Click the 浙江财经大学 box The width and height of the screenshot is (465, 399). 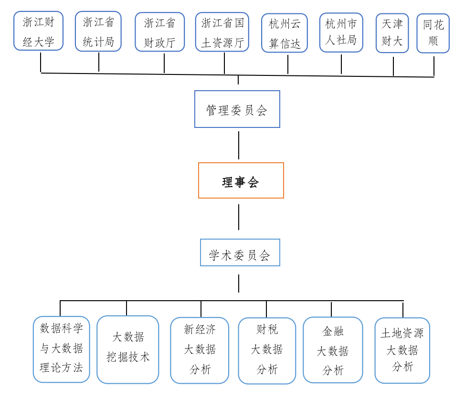point(38,31)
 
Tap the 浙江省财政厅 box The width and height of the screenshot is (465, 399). point(159,32)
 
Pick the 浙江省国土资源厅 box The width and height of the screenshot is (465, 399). point(222,32)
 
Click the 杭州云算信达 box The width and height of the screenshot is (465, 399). point(285,33)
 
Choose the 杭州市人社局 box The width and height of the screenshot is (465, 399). point(341,32)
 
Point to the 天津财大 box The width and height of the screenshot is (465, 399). point(392,33)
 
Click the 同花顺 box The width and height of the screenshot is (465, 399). point(433,33)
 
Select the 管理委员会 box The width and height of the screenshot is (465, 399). point(237,109)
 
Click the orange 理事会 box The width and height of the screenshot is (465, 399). point(241,180)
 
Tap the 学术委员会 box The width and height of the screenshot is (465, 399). point(240,252)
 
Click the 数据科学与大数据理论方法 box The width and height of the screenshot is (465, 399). point(62,349)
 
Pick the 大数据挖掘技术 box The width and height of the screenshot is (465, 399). point(128,349)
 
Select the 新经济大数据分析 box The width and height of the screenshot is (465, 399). point(200,350)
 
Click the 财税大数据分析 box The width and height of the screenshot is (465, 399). point(267,351)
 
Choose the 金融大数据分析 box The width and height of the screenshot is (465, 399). point(333,350)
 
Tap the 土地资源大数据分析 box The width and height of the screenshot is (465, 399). point(402,350)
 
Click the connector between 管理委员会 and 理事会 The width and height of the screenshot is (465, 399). point(239,145)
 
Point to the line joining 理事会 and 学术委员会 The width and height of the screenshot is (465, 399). point(239,217)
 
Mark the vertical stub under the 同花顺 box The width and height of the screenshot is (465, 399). point(434,66)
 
